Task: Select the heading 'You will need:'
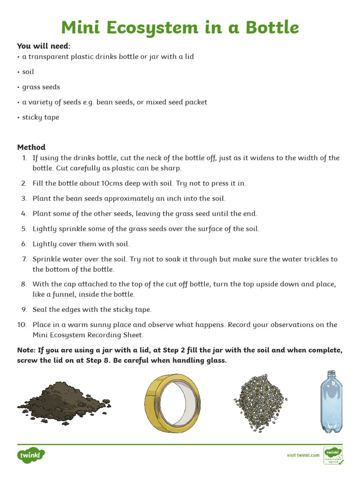pos(44,46)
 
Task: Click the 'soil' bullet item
pos(28,72)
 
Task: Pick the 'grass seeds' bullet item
pos(41,87)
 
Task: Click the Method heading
pos(31,147)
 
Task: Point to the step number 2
pos(24,183)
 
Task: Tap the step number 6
pos(24,244)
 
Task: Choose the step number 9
pos(24,309)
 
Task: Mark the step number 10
pos(22,324)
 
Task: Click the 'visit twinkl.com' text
pos(303,455)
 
